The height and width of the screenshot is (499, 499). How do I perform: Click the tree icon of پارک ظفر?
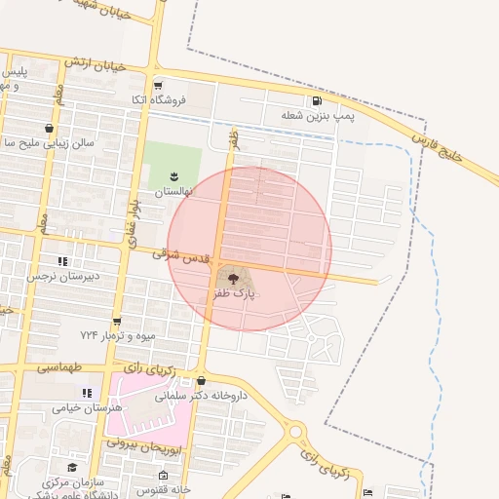pyautogui.click(x=233, y=279)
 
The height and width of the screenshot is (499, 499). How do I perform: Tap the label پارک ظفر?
pyautogui.click(x=236, y=293)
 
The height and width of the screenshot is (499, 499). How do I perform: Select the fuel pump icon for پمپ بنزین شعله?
pyautogui.click(x=317, y=101)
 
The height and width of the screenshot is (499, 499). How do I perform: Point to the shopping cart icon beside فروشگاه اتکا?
pyautogui.click(x=158, y=85)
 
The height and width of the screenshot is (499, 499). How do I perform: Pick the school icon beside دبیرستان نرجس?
pyautogui.click(x=62, y=261)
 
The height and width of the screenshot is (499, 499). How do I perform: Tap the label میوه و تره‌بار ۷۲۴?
pyautogui.click(x=117, y=335)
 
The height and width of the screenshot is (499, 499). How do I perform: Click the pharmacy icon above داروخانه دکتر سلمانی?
pyautogui.click(x=201, y=381)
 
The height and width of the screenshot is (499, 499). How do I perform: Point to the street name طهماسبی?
pyautogui.click(x=58, y=367)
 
